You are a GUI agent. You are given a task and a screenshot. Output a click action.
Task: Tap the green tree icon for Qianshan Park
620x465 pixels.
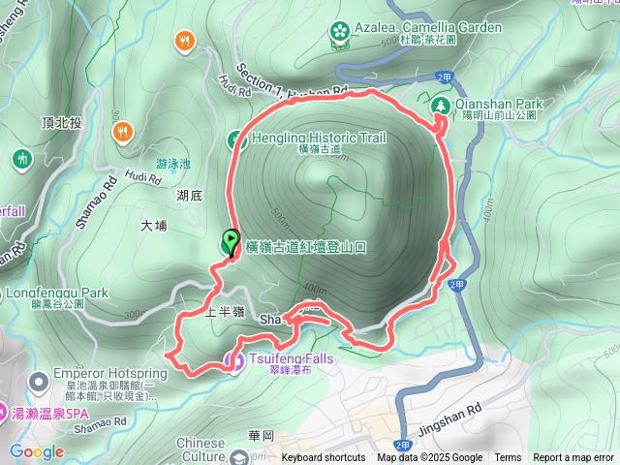[x=440, y=104]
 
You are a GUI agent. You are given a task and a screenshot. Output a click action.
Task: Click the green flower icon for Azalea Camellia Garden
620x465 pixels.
[x=338, y=31]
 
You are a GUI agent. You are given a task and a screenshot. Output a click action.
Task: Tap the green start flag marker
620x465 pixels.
[x=232, y=241]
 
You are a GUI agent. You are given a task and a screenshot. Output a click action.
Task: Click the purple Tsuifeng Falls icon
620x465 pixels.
[x=233, y=360]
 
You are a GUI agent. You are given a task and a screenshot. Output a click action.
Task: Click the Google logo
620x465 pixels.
[x=36, y=452]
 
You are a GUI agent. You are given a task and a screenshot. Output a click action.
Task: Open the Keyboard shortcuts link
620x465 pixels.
[x=324, y=458]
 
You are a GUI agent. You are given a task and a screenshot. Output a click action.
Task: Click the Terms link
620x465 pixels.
[x=508, y=458]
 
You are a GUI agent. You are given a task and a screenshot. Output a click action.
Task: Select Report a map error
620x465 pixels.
[x=573, y=458]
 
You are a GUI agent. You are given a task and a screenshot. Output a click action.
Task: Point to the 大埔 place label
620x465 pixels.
[x=154, y=226]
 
